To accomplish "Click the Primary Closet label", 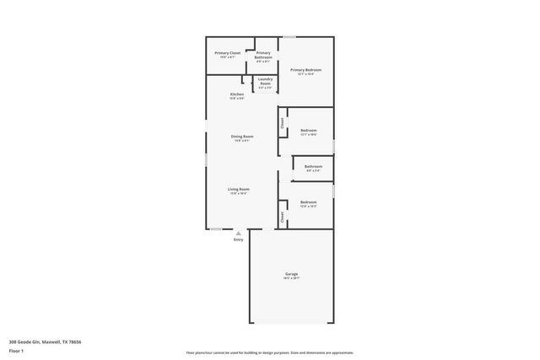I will pos(228,53).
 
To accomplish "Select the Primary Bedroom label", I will pos(305,70).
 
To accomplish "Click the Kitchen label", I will pos(238,94).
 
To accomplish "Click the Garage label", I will pos(291,274).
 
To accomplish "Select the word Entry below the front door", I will pos(239,240).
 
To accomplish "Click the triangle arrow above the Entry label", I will pos(239,234).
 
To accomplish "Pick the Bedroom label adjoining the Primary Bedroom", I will pos(309,130).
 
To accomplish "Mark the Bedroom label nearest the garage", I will pos(309,202).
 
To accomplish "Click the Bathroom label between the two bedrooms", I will pos(314,167).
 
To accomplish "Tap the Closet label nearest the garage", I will pos(283,217).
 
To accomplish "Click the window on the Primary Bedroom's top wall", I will pos(289,36).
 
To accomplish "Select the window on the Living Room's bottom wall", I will pos(216,228).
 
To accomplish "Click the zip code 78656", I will pos(75,341).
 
